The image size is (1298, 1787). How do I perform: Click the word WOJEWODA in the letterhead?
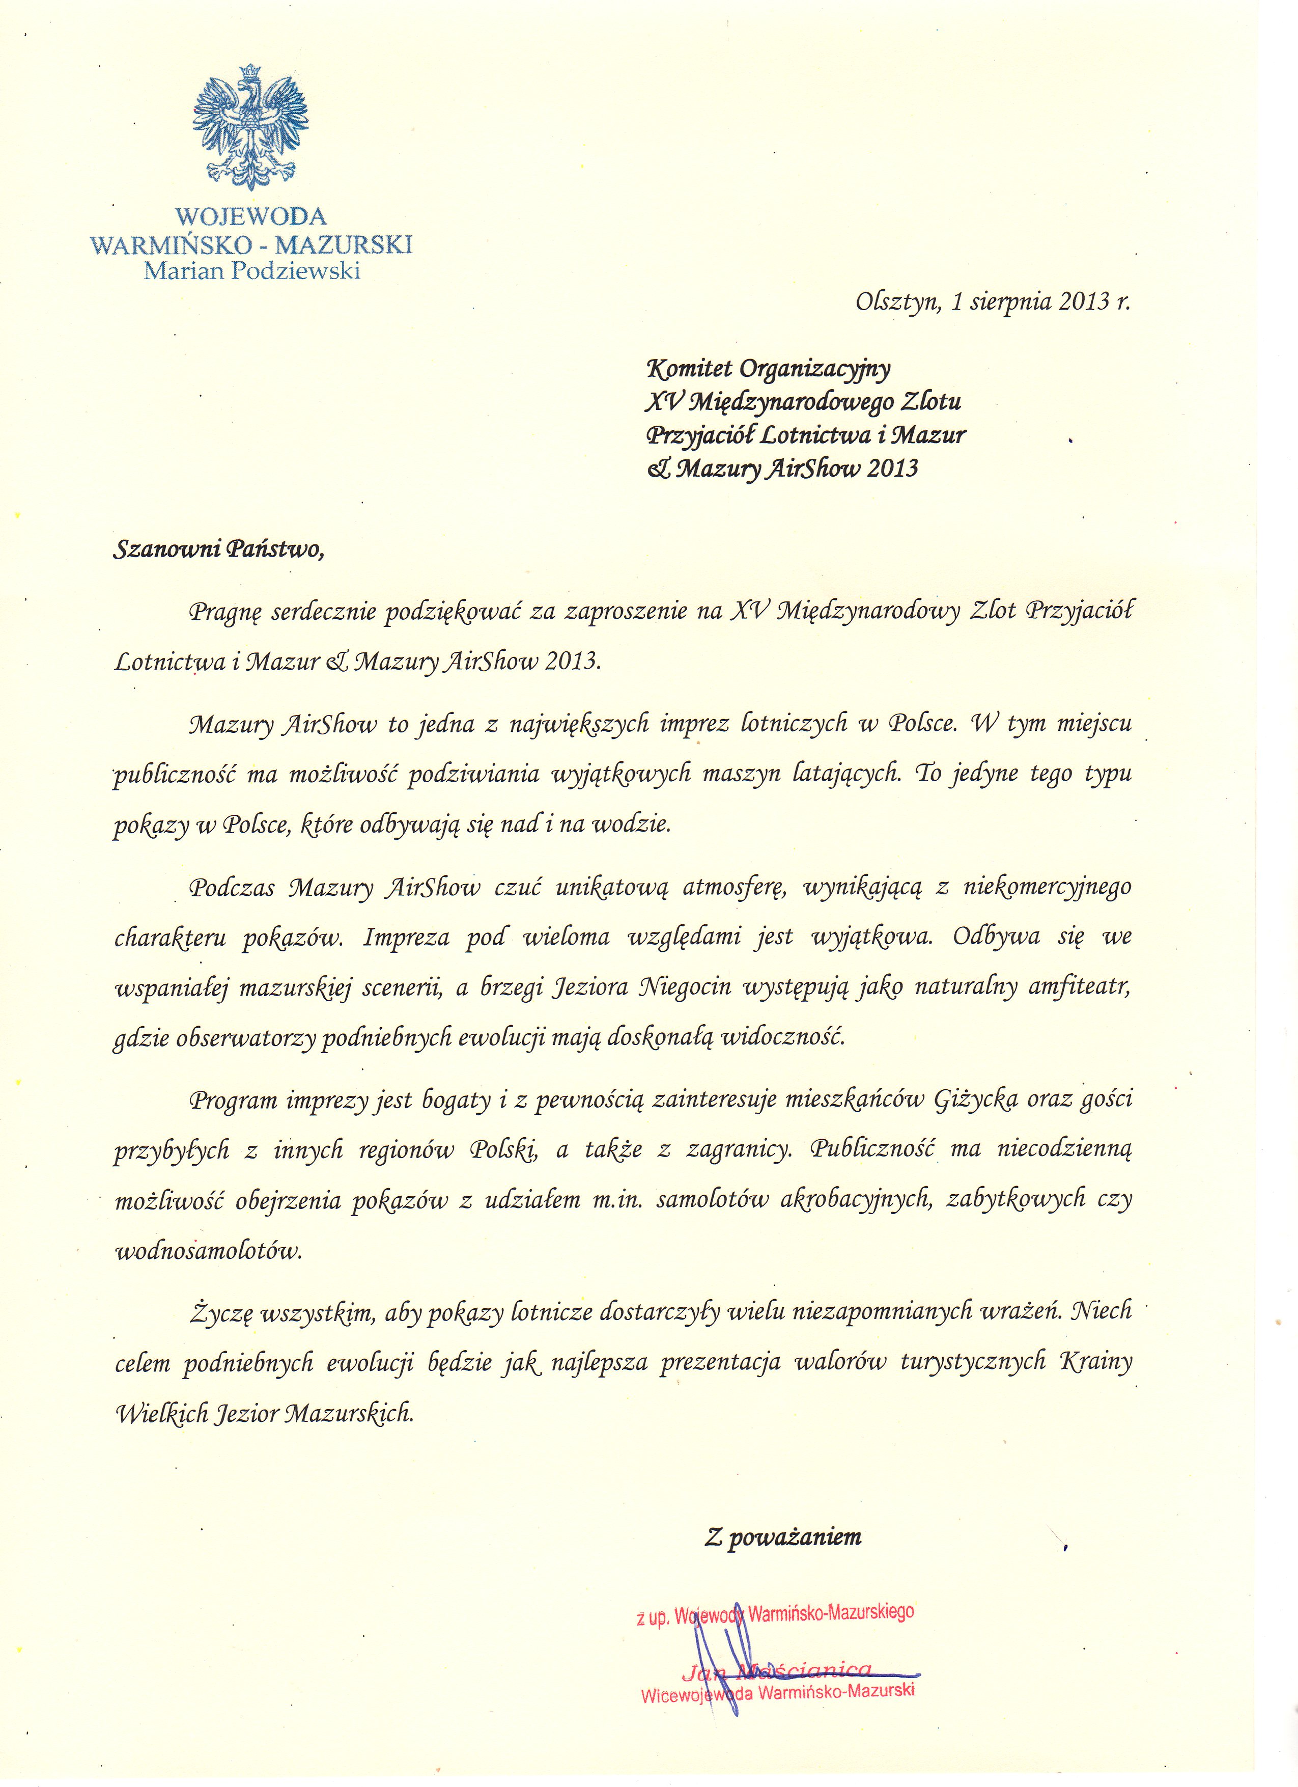(250, 216)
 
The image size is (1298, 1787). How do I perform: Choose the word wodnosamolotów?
(209, 1251)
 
